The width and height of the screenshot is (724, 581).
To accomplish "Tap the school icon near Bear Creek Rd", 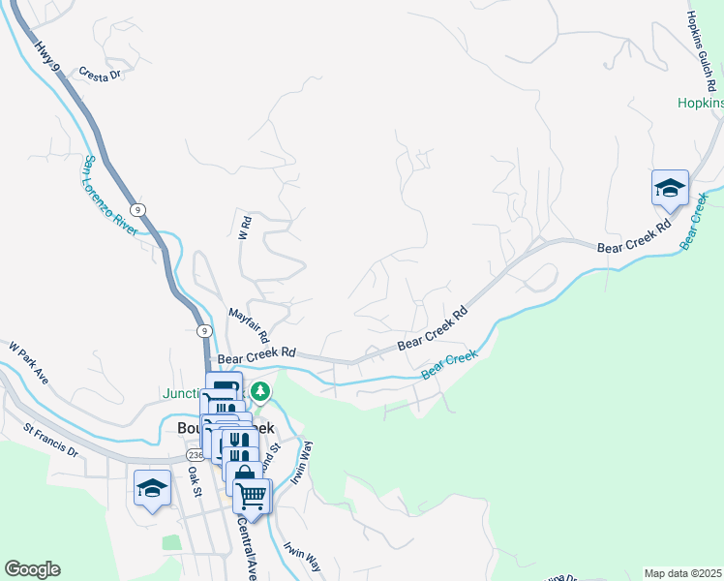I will [x=669, y=189].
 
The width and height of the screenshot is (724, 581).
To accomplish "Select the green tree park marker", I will [x=259, y=391].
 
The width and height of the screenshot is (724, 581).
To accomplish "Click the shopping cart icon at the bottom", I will [x=252, y=495].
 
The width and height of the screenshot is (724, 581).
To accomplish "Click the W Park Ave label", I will [x=28, y=359].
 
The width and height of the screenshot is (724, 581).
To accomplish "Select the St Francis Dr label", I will [x=50, y=437].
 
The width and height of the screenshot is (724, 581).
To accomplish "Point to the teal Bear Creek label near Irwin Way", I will [x=450, y=365].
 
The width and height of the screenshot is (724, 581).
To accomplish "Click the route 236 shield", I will [x=196, y=454].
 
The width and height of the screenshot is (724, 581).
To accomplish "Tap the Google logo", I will [x=32, y=569].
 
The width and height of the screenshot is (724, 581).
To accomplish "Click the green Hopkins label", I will [x=701, y=102].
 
